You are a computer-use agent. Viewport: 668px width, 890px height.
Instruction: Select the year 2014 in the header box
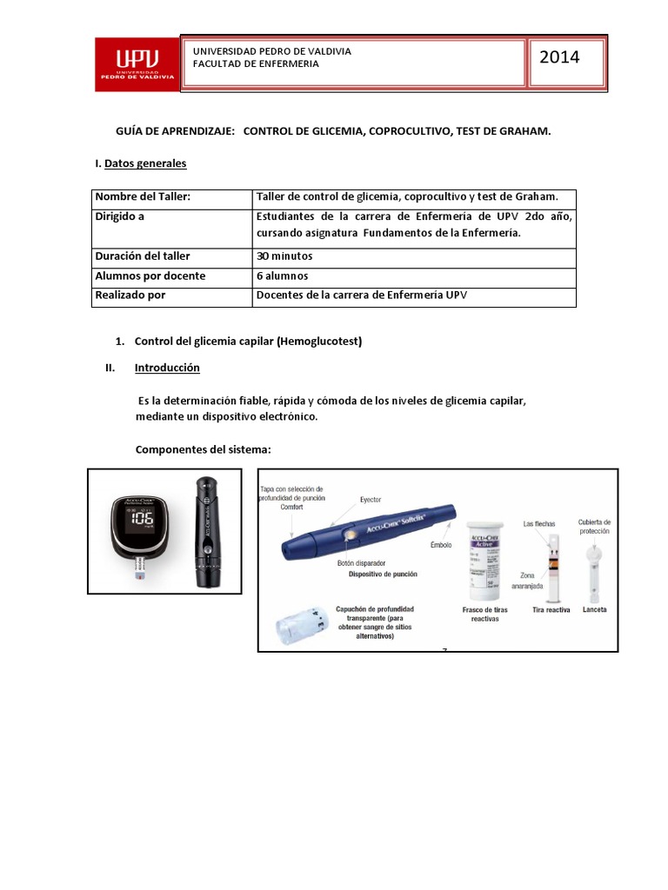tap(559, 58)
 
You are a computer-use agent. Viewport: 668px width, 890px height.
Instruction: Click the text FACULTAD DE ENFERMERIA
tap(256, 63)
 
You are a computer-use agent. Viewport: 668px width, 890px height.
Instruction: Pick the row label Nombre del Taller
tap(142, 197)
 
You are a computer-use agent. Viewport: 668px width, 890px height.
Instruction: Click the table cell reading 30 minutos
tap(284, 256)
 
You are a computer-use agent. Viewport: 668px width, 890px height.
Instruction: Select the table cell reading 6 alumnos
tap(282, 276)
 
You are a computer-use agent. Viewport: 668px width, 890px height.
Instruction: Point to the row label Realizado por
tap(130, 296)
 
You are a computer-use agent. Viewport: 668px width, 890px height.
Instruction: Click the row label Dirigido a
tap(120, 217)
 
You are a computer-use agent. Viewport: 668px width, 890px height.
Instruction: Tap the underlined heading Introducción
tap(167, 368)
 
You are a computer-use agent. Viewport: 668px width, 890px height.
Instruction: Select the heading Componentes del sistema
tap(204, 449)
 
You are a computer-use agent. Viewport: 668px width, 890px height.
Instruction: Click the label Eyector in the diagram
tap(371, 500)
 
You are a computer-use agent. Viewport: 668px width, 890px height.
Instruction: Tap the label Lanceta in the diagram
tap(594, 610)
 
